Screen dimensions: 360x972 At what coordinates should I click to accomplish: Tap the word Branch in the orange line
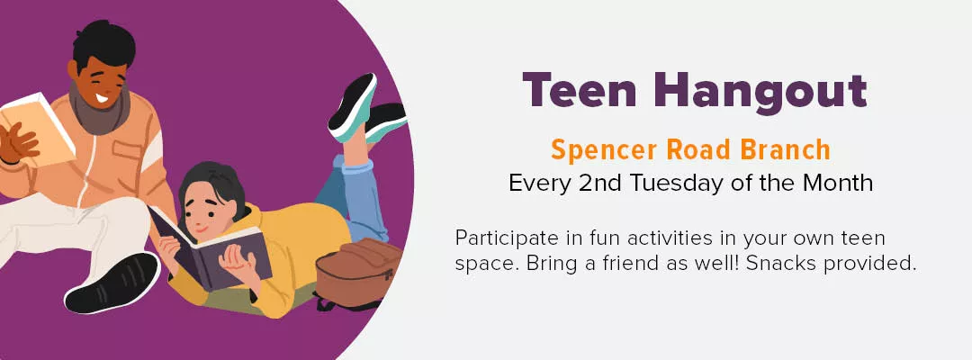[780, 148]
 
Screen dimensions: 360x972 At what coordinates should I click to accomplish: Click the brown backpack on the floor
[359, 269]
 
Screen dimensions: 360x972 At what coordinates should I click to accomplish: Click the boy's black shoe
[112, 283]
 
